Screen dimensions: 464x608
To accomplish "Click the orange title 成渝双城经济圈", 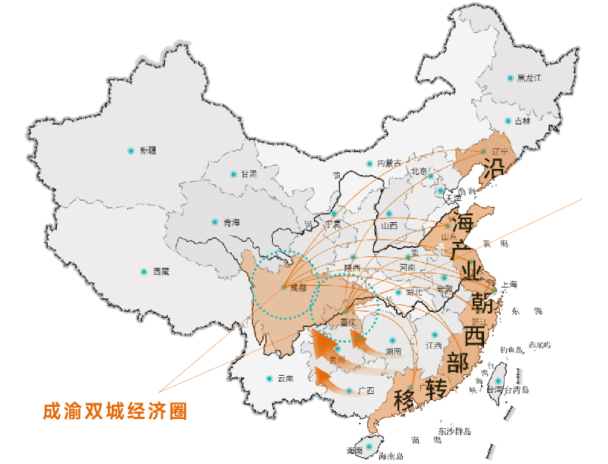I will pyautogui.click(x=115, y=411).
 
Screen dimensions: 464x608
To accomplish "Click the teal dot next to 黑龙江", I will pyautogui.click(x=511, y=78).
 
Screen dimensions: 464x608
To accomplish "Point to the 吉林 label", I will pyautogui.click(x=523, y=121).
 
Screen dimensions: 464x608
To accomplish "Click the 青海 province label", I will pyautogui.click(x=231, y=222).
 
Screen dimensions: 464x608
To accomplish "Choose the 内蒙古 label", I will pyautogui.click(x=388, y=164).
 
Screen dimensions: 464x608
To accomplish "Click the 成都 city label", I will pyautogui.click(x=299, y=288).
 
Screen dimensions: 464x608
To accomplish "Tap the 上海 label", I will pyautogui.click(x=508, y=285).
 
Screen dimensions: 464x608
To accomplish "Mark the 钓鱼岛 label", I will pyautogui.click(x=511, y=350).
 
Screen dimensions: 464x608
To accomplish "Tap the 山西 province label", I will pyautogui.click(x=389, y=225).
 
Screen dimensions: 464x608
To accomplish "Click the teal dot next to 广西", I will pyautogui.click(x=349, y=391).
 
